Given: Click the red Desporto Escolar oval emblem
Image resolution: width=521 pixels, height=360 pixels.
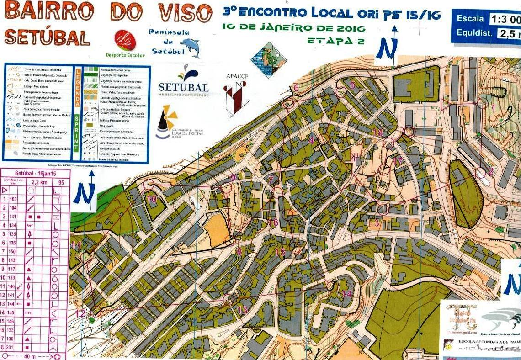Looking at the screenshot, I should [125, 41].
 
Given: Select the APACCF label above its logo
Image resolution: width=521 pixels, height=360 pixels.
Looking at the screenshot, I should [236, 76].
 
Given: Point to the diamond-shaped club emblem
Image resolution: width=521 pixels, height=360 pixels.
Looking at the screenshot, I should [268, 60].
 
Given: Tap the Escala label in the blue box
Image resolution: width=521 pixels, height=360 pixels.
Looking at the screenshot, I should [470, 19].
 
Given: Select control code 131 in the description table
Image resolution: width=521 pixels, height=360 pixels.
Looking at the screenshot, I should [13, 216].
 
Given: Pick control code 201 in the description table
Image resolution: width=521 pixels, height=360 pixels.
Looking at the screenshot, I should [13, 348].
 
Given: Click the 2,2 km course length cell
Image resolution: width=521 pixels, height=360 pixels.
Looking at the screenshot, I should [35, 182].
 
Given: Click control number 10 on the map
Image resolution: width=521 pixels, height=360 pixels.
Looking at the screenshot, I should [151, 199].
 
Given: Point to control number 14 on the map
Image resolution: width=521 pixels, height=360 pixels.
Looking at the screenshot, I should [347, 294].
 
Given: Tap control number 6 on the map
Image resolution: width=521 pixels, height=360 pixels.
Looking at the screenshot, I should [296, 88].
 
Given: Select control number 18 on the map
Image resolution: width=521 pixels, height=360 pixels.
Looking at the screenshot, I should [377, 132].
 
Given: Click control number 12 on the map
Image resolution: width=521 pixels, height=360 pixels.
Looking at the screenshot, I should [80, 313].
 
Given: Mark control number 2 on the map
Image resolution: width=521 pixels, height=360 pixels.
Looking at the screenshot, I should [491, 171].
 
